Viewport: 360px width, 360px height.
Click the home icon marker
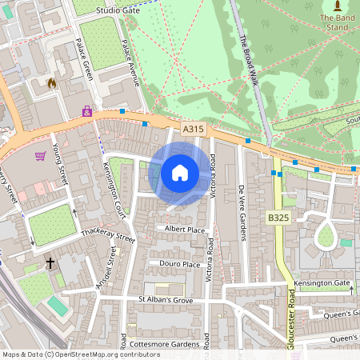point(180,173)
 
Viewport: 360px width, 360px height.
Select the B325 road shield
point(278,218)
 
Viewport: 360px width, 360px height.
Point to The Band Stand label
point(334,22)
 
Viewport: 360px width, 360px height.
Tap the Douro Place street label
point(180,264)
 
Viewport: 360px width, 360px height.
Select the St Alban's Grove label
point(166,300)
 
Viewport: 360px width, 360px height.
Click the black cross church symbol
point(50,262)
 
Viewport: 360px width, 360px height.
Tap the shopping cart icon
point(40,156)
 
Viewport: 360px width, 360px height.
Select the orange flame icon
point(52,82)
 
